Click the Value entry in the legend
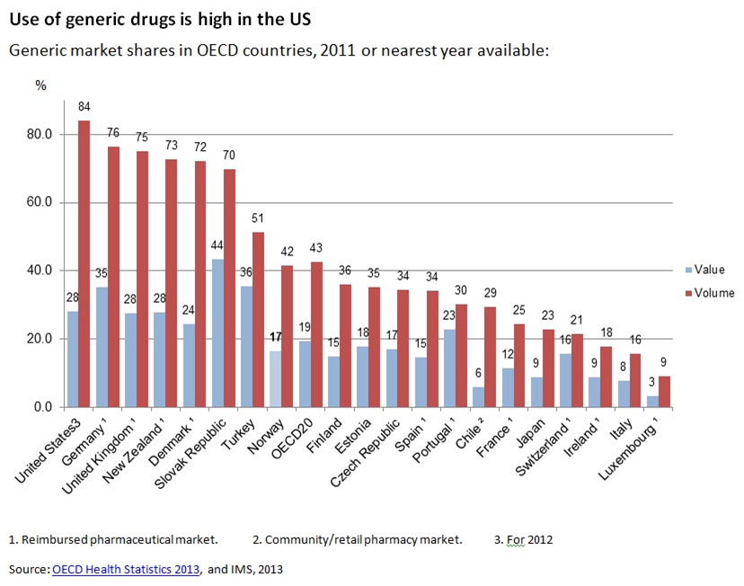coord(706,269)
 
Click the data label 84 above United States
coord(84,107)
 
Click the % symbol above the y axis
coord(40,84)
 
